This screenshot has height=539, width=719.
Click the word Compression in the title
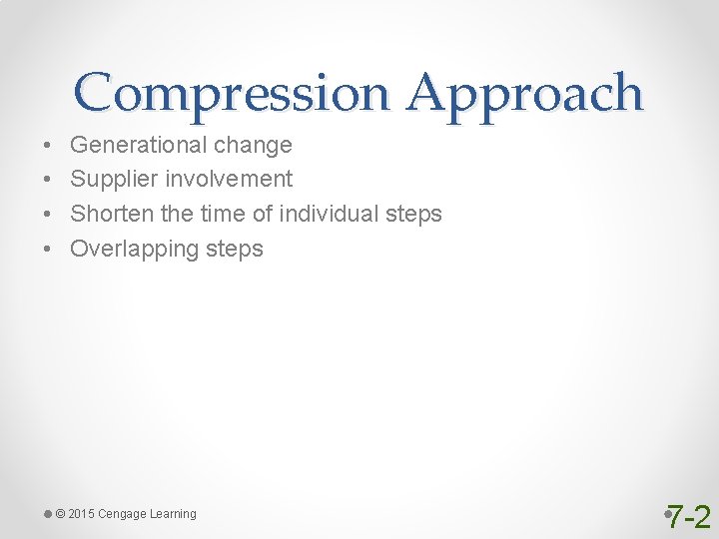tap(234, 94)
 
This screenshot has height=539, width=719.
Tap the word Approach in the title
tap(525, 94)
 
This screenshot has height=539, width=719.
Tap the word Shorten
tap(110, 214)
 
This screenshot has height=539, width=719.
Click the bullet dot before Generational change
tap(48, 146)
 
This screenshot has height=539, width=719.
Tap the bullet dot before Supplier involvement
tap(48, 181)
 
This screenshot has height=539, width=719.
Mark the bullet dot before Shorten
tap(48, 215)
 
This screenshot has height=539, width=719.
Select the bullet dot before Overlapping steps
tap(48, 250)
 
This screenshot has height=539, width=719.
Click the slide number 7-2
tap(689, 517)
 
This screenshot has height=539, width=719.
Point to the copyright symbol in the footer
tap(61, 514)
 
